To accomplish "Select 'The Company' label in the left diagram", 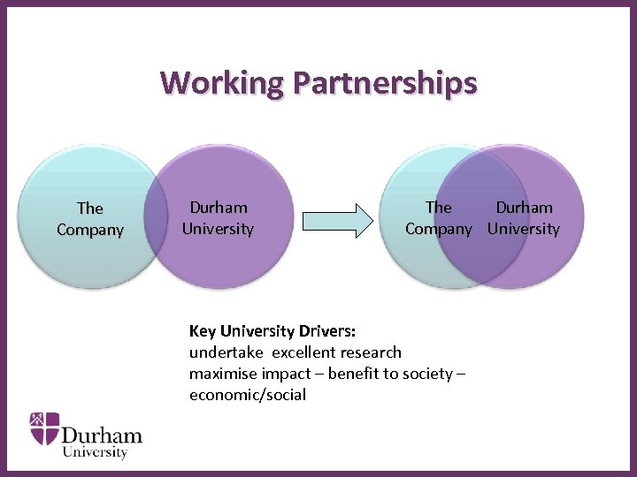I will (89, 219).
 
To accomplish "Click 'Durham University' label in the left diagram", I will (218, 218).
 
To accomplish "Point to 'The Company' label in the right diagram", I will (439, 218).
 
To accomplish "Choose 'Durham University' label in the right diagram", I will (524, 218).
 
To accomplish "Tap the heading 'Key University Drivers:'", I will (272, 332).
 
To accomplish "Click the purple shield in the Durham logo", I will (45, 428).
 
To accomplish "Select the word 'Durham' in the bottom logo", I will (102, 435).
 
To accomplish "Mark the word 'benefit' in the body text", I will (354, 374).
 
